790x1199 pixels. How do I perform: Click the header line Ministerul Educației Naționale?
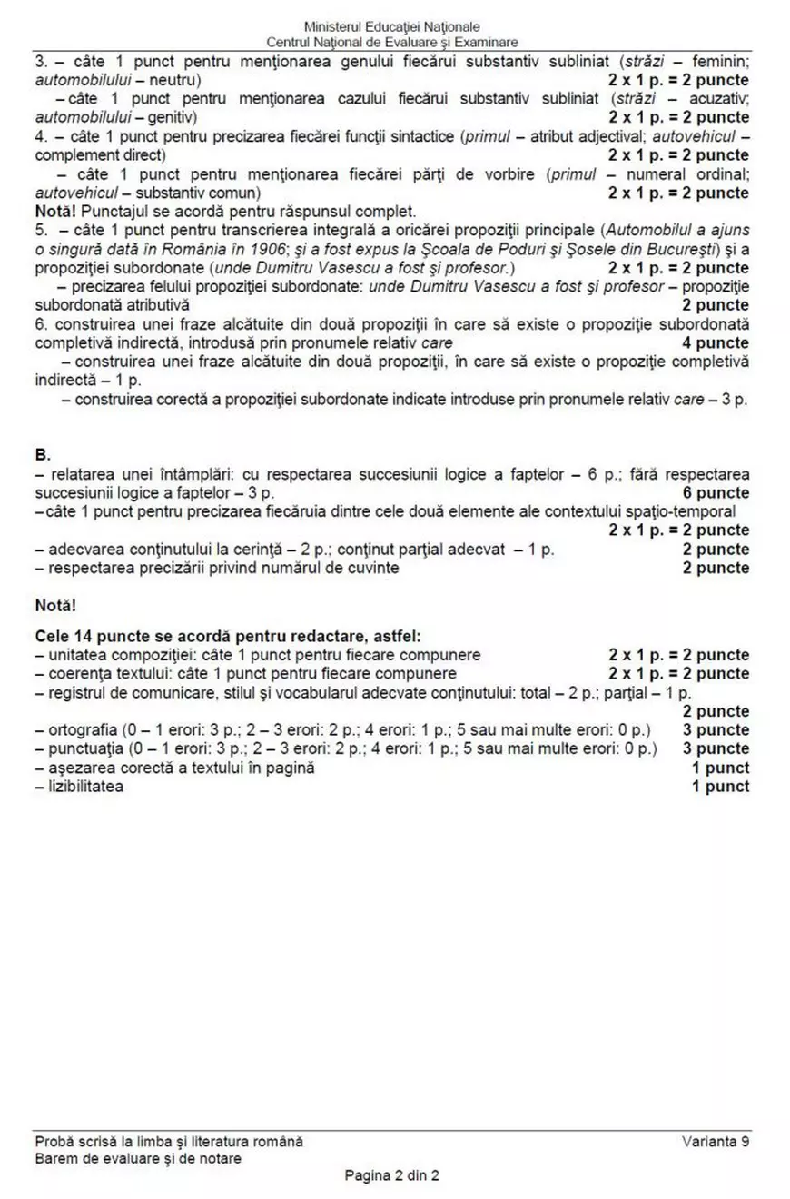(392, 27)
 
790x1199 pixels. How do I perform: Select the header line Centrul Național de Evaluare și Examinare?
(392, 43)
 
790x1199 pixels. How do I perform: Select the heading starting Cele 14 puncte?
(227, 636)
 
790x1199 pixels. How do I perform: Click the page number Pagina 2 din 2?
(392, 1175)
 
